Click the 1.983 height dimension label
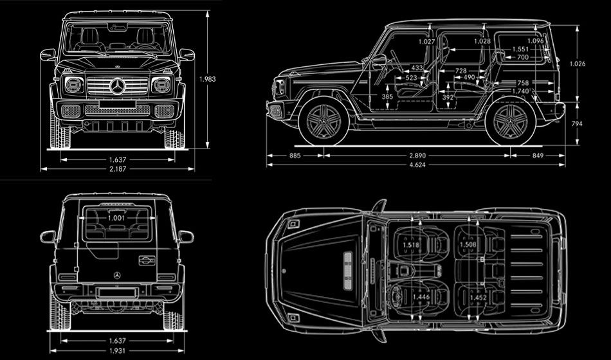click(207, 79)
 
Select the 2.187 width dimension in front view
click(117, 169)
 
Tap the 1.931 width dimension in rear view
click(117, 350)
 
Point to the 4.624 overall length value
click(417, 165)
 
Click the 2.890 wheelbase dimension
click(417, 156)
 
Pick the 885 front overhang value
click(295, 156)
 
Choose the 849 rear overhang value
click(537, 156)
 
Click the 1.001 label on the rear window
click(116, 218)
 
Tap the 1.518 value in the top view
click(411, 245)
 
